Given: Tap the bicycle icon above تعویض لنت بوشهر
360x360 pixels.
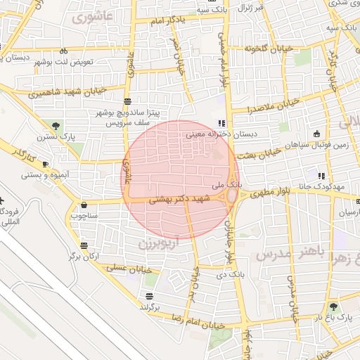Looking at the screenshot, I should coord(64,51).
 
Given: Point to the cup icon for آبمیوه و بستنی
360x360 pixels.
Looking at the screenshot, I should coord(46,164).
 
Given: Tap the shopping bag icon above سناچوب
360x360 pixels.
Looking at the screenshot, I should coord(84,205).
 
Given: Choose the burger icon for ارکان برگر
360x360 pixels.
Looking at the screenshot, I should coord(84,245).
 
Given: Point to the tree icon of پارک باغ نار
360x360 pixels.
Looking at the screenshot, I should coord(333,307).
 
